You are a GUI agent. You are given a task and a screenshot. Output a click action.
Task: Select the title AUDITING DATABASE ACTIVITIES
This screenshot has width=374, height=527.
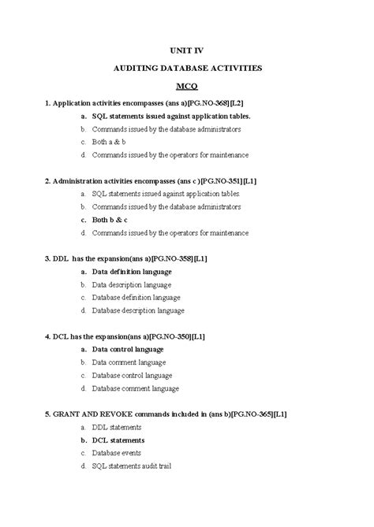pos(186,69)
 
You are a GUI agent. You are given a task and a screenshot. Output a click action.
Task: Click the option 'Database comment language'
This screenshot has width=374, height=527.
pos(135,388)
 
